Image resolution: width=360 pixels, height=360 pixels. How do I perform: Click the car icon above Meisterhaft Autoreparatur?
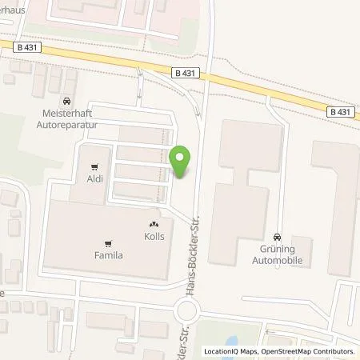[66, 102]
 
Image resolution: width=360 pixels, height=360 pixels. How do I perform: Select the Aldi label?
[95, 180]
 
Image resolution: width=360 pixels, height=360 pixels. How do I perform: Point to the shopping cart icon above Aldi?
[95, 167]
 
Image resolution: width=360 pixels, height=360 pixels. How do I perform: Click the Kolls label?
[154, 238]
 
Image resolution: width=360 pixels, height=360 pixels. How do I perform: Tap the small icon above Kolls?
[154, 226]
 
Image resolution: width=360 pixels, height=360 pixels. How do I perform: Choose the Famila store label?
[108, 256]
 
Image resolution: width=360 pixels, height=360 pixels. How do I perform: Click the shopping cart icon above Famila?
[108, 243]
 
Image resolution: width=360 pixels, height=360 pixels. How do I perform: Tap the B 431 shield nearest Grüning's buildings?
[339, 113]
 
